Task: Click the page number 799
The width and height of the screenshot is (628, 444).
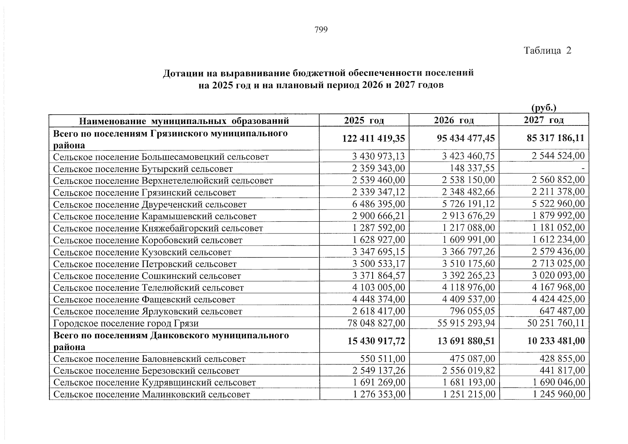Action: [x=321, y=30]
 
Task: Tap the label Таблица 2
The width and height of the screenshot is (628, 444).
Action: [x=547, y=51]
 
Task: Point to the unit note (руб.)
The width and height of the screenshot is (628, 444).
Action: [x=544, y=108]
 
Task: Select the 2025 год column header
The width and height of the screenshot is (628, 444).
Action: [x=364, y=120]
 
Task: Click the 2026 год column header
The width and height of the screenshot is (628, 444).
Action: [x=454, y=120]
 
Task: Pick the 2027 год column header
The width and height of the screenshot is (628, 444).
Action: [x=544, y=120]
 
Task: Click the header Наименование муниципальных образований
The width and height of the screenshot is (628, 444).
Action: [x=184, y=121]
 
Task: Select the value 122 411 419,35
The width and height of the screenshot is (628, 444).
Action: [x=374, y=138]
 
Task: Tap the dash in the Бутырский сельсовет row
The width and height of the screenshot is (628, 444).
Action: [x=583, y=169]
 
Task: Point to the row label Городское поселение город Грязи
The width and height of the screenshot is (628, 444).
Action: [x=126, y=323]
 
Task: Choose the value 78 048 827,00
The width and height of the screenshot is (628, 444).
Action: [x=376, y=323]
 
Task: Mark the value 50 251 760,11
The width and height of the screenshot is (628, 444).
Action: [x=556, y=323]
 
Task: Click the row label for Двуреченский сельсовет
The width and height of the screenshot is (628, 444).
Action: [x=150, y=205]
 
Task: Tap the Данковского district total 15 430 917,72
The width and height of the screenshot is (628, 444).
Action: [x=376, y=341]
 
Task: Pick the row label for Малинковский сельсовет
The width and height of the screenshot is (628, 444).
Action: [x=151, y=394]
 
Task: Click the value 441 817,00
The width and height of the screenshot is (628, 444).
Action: [x=561, y=370]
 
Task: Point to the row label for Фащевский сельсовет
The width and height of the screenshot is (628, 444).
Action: [x=144, y=299]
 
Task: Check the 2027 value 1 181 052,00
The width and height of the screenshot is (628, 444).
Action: [x=559, y=228]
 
